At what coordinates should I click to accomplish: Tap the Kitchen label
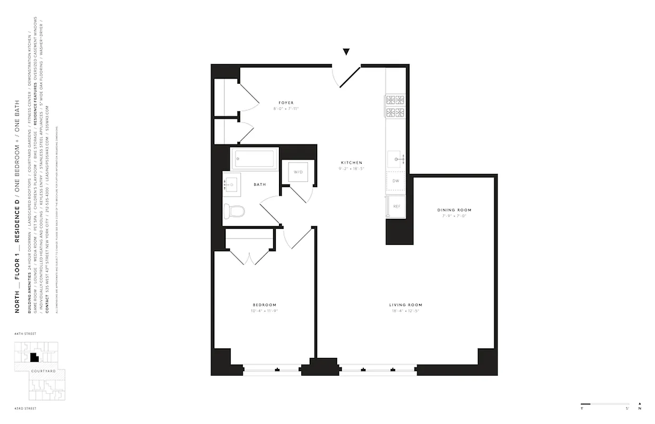point(352,162)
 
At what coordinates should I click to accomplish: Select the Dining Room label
point(454,210)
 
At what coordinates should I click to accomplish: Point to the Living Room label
point(406,305)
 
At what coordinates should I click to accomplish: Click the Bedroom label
point(264,305)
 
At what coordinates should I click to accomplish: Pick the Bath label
point(260,184)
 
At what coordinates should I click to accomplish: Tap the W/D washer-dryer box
point(298,172)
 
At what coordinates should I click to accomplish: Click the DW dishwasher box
point(396,181)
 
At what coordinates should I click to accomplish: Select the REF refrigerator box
point(396,206)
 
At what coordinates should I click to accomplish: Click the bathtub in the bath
point(255,158)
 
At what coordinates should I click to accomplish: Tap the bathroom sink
point(231,184)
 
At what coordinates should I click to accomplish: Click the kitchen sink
point(396,158)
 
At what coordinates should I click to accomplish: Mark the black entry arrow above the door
point(346,51)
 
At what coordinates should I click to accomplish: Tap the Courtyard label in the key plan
point(43,371)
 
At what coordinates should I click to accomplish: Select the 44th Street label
point(26,334)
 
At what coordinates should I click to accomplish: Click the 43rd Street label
point(26,409)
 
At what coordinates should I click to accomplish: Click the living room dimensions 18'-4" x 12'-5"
point(406,311)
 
